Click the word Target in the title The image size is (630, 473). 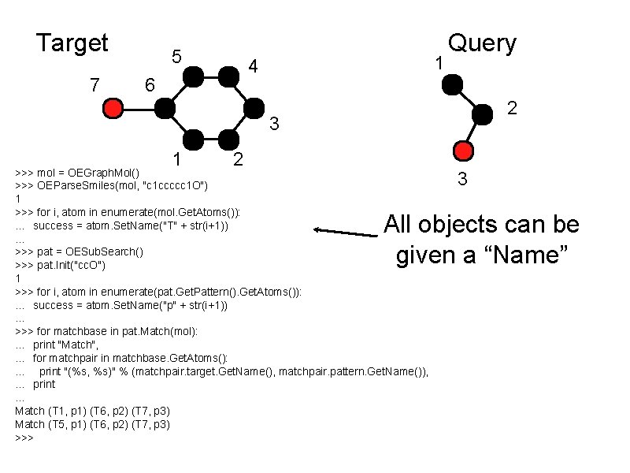click(x=72, y=43)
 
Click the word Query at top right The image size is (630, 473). click(x=482, y=43)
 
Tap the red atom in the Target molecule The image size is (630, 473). click(x=113, y=108)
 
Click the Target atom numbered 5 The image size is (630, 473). click(x=193, y=76)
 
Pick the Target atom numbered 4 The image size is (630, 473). click(x=228, y=76)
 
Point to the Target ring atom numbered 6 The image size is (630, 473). click(x=165, y=108)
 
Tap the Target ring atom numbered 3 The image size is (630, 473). click(x=255, y=108)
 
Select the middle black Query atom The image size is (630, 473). click(x=481, y=114)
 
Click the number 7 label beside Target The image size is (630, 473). click(x=94, y=84)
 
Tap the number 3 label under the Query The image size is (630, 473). click(x=464, y=179)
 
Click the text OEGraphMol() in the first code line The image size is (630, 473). click(x=104, y=172)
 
